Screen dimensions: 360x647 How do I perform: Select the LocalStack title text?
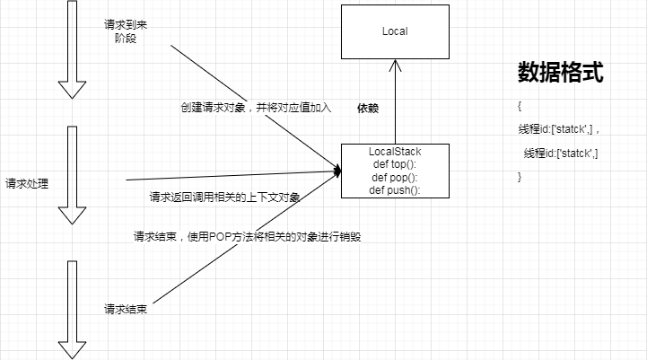(x=395, y=152)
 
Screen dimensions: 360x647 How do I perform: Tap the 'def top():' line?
(x=395, y=164)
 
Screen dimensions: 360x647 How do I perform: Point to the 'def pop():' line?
(x=395, y=177)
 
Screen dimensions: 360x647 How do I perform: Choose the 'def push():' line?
(x=395, y=189)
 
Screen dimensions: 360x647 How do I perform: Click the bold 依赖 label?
(x=367, y=108)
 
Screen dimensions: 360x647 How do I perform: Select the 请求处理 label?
(x=27, y=183)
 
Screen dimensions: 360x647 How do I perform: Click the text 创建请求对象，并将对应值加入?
(x=256, y=108)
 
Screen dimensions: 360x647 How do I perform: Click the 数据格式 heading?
(x=559, y=73)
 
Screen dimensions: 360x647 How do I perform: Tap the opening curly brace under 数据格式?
(x=520, y=106)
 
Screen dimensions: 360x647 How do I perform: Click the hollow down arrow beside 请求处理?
(x=71, y=176)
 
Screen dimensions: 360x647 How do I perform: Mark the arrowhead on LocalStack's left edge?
(x=337, y=169)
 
